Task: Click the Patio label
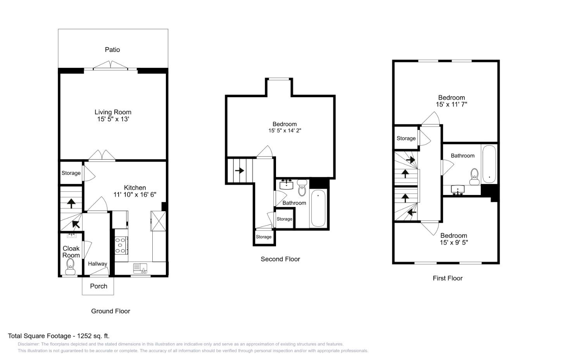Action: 112,50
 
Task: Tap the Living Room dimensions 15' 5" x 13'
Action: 113,119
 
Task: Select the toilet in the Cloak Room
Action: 70,264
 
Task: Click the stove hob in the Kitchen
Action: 121,245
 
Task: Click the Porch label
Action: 98,286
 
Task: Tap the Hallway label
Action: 97,264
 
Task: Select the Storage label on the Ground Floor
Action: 71,173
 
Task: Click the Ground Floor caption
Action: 110,311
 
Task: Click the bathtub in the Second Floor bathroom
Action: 318,208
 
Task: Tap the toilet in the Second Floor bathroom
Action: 302,188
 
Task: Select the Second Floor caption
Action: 280,259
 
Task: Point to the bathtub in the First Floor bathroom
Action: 489,164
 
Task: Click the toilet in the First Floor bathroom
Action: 474,177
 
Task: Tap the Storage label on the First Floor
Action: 406,138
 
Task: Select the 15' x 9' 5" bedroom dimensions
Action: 454,243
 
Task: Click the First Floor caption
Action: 447,278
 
